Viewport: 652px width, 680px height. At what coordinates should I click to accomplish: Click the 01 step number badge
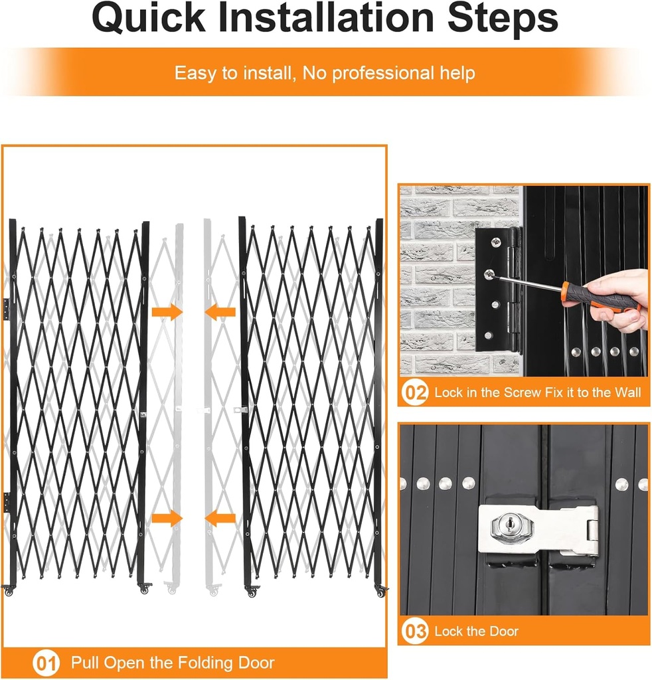[x=46, y=663]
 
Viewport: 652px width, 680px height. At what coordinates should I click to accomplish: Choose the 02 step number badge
[x=416, y=393]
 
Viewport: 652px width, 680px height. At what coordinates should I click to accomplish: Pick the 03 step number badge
[x=416, y=632]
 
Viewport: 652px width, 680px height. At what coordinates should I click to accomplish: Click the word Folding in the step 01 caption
[x=190, y=663]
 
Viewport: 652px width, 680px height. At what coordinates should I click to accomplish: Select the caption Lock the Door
[x=476, y=632]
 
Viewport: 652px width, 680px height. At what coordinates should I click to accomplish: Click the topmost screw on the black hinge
[x=495, y=242]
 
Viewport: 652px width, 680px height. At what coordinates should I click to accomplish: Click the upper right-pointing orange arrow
[x=167, y=311]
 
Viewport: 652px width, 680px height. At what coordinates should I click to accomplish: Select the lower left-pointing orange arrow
[x=220, y=518]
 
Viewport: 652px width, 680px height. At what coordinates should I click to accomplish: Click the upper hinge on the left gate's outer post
[x=7, y=308]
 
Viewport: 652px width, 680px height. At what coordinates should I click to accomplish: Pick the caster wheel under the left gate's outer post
[x=9, y=590]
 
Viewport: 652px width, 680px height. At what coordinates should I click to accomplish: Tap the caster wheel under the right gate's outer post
[x=380, y=590]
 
